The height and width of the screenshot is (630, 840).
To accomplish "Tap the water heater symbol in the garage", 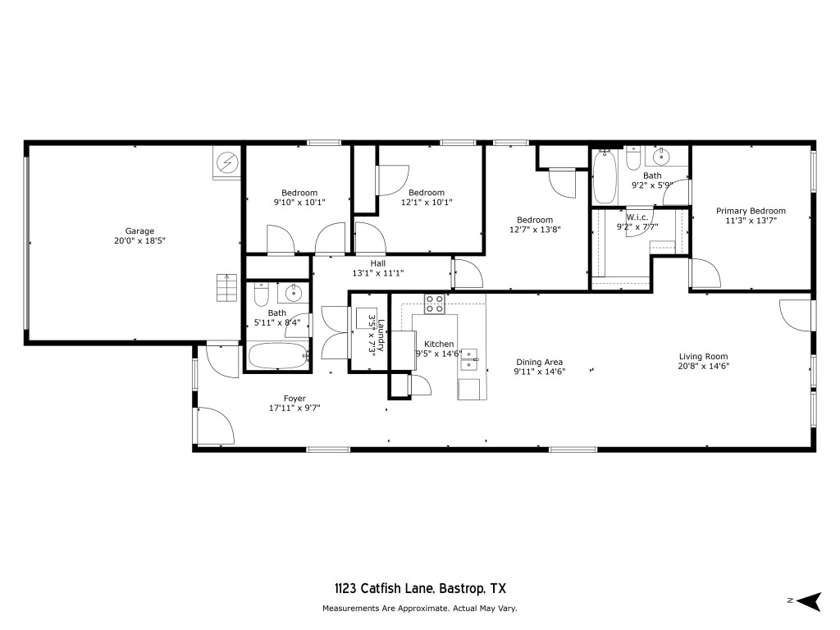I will coord(226,164).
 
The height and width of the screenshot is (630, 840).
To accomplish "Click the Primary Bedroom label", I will coord(750,211).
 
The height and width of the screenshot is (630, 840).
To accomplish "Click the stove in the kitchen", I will coord(434,304).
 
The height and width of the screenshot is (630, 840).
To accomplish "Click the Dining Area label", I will coord(539,362).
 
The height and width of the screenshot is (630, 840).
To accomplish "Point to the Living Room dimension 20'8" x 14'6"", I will coord(703,366).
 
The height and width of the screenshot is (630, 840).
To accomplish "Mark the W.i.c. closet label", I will coord(637,217).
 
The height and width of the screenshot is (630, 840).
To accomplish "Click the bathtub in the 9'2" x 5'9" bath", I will coord(605,177).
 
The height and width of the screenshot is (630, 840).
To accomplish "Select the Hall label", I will coord(377,263).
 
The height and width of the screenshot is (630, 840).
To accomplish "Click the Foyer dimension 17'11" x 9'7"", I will coord(294,408).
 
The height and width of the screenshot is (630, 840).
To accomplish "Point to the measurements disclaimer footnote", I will coord(419,609).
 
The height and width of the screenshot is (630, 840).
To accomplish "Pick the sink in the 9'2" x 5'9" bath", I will coord(660,157).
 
